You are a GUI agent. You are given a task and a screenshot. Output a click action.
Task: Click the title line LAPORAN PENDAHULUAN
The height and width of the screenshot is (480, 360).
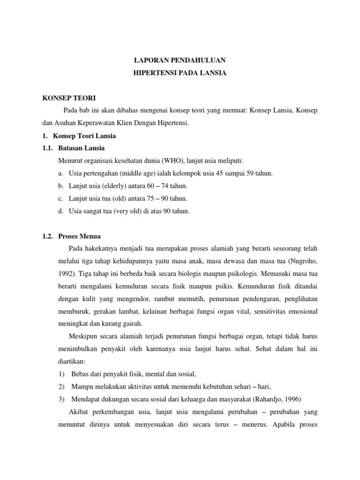(x=180, y=60)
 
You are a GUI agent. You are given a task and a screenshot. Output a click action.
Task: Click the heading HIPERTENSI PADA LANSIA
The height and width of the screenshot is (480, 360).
(x=180, y=74)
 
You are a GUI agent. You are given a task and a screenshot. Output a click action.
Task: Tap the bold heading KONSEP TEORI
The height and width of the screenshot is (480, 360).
(x=68, y=98)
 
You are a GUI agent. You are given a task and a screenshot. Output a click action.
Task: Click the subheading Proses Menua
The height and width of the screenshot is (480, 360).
(x=80, y=236)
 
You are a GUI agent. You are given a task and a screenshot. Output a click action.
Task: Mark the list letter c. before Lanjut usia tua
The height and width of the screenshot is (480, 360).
(x=61, y=199)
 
